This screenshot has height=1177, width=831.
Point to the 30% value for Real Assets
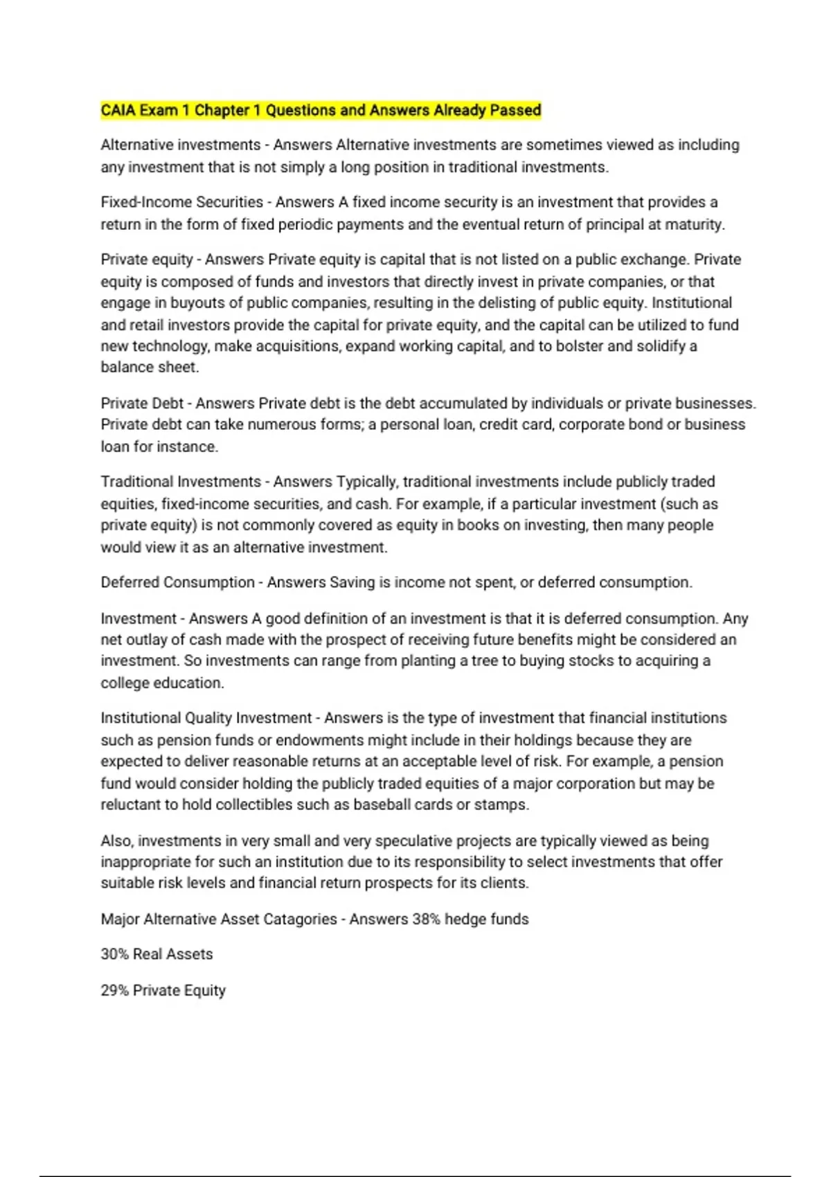point(114,954)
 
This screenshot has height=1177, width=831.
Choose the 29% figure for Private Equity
point(114,990)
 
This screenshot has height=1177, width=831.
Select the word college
point(125,683)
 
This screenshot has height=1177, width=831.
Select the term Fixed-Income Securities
point(181,202)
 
